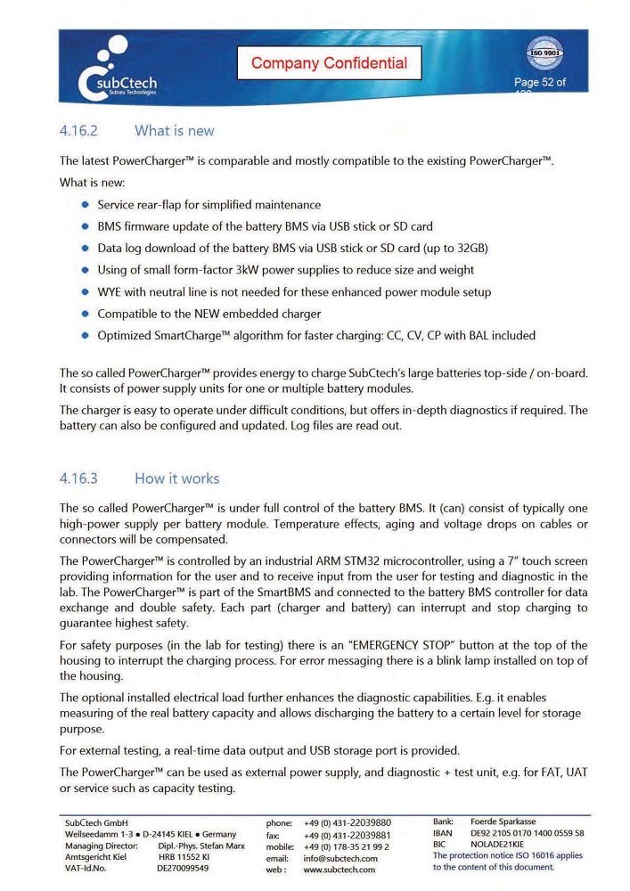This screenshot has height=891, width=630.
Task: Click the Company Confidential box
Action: click(x=329, y=63)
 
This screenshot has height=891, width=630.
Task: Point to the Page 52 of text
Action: click(x=539, y=83)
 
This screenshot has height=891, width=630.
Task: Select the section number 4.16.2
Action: click(x=78, y=131)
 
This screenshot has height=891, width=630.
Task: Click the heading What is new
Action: click(x=174, y=131)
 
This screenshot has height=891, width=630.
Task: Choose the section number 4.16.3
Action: click(x=78, y=478)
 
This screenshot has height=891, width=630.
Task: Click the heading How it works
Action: click(x=176, y=478)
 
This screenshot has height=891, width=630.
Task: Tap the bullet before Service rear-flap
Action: click(x=86, y=204)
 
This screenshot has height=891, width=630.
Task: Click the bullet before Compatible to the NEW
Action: click(x=86, y=314)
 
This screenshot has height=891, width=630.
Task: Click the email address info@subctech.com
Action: click(x=340, y=858)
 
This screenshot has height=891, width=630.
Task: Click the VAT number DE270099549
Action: click(x=183, y=868)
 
